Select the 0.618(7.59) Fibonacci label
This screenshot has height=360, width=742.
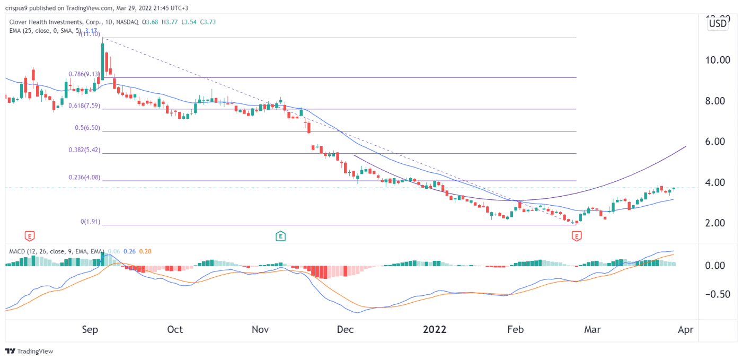point(84,106)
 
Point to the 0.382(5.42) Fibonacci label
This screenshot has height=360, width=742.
point(84,150)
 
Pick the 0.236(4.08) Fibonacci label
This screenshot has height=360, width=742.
point(84,178)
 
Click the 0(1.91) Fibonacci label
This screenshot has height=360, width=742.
point(90,222)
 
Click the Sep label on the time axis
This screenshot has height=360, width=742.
point(90,330)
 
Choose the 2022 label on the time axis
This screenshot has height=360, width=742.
point(435,330)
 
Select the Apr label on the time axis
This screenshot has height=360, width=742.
point(685,330)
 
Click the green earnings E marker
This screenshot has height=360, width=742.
point(280,235)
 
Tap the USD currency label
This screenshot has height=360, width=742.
point(718,23)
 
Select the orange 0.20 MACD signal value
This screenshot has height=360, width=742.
point(145,251)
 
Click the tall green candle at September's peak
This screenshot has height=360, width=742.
point(102,60)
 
